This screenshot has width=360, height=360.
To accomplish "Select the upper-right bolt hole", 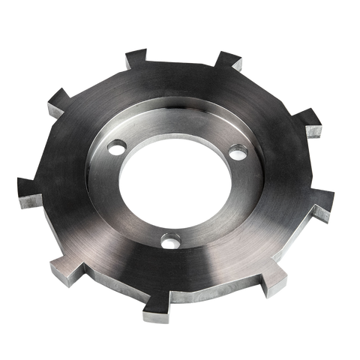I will pyautogui.click(x=238, y=152).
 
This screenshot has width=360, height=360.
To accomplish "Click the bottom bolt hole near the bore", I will pyautogui.click(x=172, y=241).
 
